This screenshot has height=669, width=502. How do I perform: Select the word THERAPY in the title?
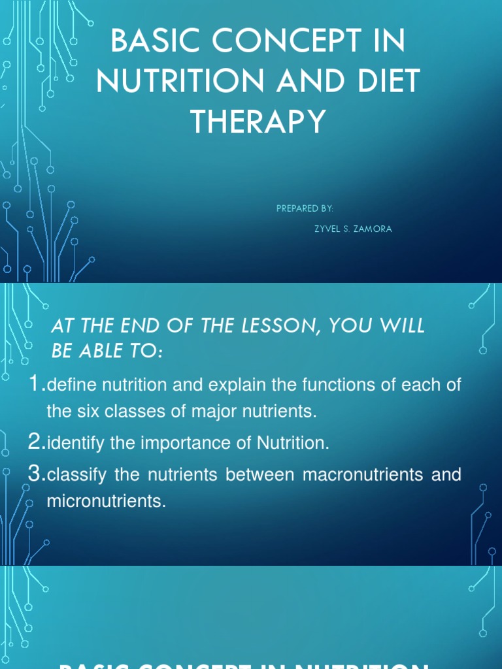pos(258,122)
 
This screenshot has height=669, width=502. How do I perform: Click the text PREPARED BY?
pos(305,208)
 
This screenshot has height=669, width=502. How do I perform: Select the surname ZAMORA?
pos(374,229)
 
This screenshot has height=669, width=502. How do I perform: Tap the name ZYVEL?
pos(329,229)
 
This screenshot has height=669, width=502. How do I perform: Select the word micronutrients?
pos(107,502)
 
